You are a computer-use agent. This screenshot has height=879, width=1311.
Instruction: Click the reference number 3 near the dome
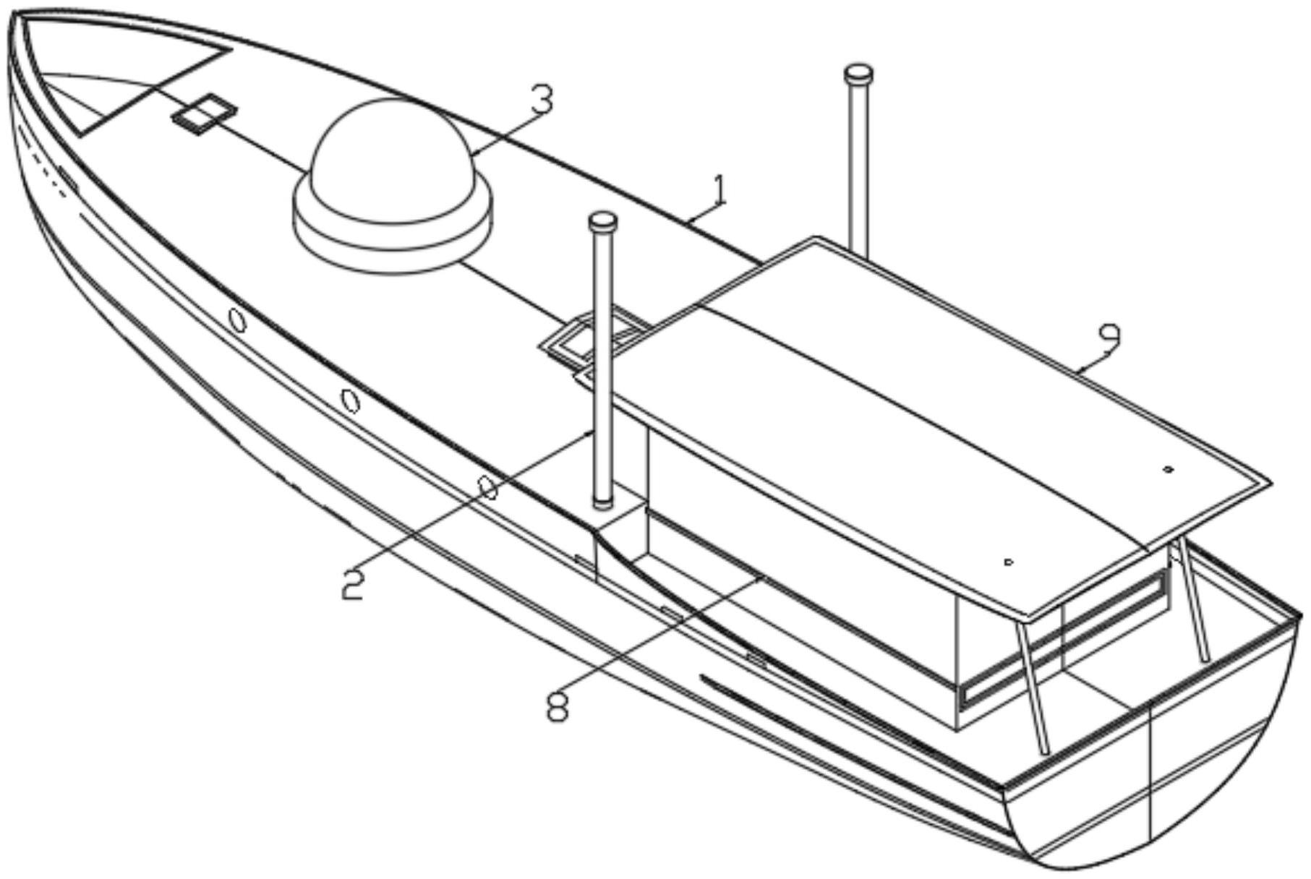tap(542, 102)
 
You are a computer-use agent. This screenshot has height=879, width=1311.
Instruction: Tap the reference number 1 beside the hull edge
tap(719, 191)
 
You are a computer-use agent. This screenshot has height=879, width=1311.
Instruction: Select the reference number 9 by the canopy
tap(1109, 338)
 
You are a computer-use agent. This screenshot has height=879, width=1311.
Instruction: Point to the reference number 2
tap(353, 584)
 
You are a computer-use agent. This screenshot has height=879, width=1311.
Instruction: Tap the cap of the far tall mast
tap(858, 73)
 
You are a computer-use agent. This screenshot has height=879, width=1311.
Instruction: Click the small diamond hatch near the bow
tap(205, 113)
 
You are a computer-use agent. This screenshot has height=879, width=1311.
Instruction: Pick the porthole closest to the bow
tap(237, 320)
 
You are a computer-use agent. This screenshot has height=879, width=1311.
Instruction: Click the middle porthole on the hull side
tap(350, 400)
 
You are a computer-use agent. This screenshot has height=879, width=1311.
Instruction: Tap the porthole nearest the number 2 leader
tap(489, 489)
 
